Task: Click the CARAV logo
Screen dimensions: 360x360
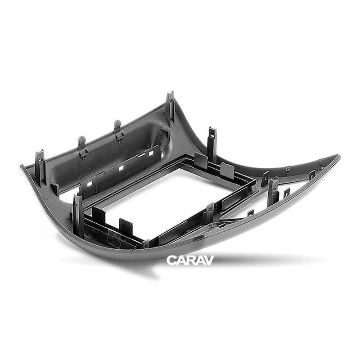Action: (x=190, y=260)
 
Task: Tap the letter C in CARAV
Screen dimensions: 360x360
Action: (x=171, y=261)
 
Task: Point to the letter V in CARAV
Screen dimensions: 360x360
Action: (x=209, y=261)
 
